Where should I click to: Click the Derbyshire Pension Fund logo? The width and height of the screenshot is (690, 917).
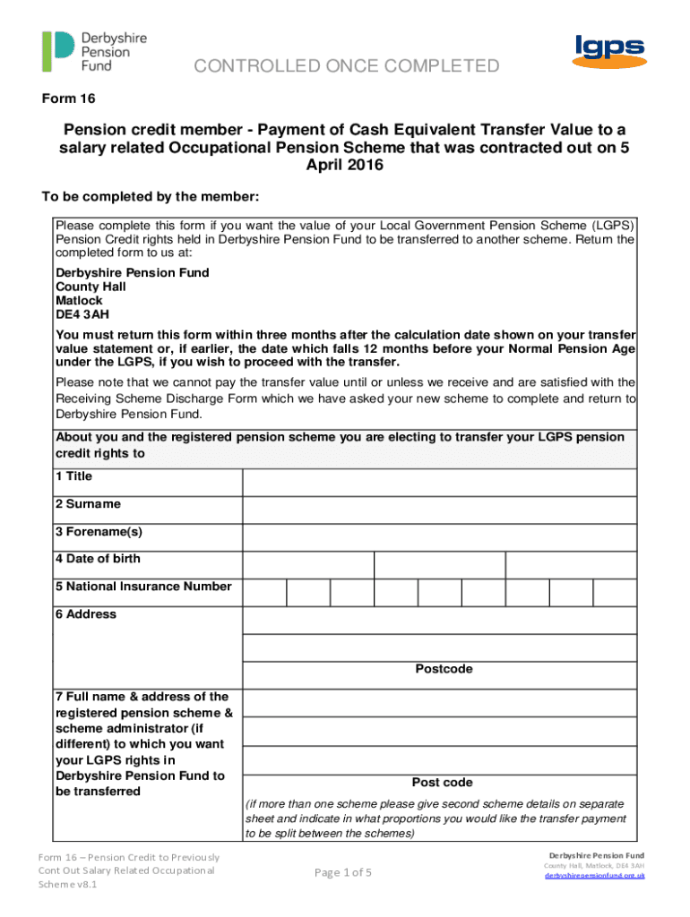click(x=94, y=52)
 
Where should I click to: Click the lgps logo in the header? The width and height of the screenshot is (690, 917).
click(x=608, y=52)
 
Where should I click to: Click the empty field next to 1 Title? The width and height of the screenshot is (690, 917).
click(x=439, y=483)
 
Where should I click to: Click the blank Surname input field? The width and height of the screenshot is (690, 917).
click(x=439, y=510)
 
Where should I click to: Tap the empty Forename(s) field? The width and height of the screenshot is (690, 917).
click(x=439, y=537)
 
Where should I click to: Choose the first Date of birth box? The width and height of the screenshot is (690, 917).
click(x=307, y=565)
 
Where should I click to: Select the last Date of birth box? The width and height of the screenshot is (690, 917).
click(x=571, y=565)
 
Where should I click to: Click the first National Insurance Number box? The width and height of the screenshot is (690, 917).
click(x=265, y=593)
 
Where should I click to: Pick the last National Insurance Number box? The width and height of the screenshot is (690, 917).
click(x=615, y=593)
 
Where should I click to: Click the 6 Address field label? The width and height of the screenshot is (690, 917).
click(x=86, y=614)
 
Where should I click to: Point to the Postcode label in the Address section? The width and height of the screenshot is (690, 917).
click(x=444, y=669)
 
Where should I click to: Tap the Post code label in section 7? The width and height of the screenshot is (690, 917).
click(x=442, y=782)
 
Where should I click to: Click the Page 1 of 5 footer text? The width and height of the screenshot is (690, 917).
click(x=345, y=872)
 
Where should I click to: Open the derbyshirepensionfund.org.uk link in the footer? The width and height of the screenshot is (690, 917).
click(x=595, y=876)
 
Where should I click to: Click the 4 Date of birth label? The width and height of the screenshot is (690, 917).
click(x=98, y=559)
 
